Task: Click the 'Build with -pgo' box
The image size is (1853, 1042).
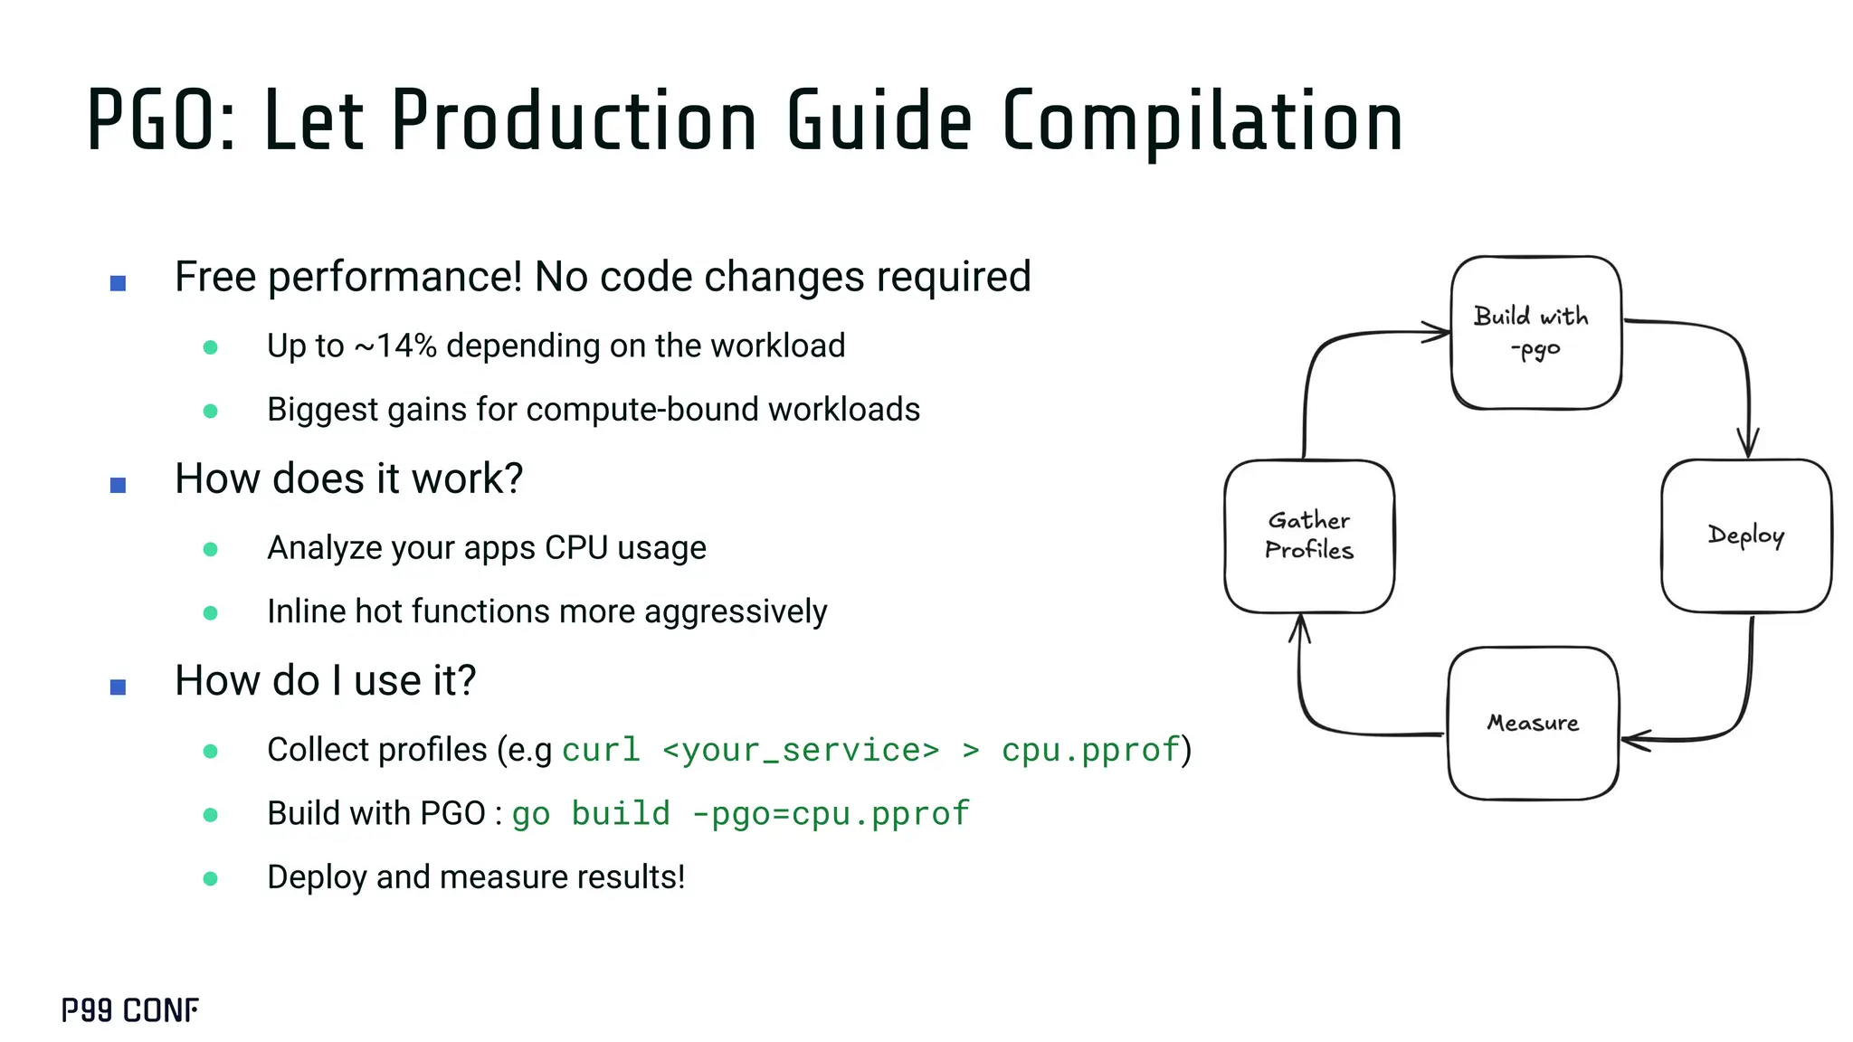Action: tap(1535, 332)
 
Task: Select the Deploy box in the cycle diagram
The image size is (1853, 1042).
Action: tap(1745, 535)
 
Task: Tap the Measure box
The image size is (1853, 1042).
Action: tap(1533, 723)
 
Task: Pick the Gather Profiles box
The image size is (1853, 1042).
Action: tap(1308, 535)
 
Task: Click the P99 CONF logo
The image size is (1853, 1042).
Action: tap(130, 1010)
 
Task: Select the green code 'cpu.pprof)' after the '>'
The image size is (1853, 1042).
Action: tap(1095, 750)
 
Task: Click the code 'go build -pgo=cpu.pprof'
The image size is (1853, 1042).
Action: tap(740, 813)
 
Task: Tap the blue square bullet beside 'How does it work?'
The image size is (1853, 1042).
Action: tap(118, 485)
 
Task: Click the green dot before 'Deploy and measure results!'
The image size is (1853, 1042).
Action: tap(211, 878)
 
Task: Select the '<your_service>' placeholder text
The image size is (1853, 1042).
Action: tap(801, 750)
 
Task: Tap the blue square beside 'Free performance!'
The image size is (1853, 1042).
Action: tap(118, 283)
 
